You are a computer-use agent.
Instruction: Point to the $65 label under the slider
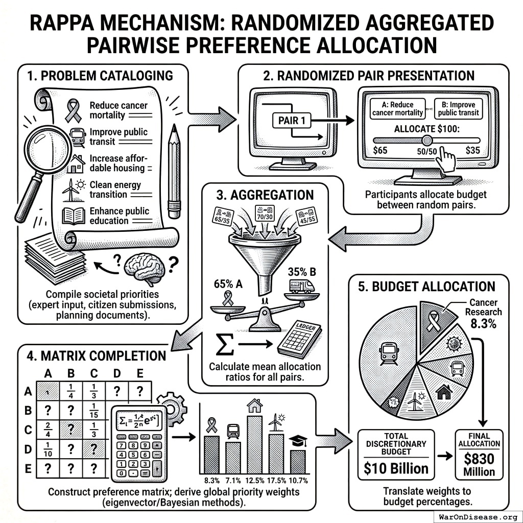[380, 151]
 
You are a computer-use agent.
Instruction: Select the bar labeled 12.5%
[254, 444]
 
